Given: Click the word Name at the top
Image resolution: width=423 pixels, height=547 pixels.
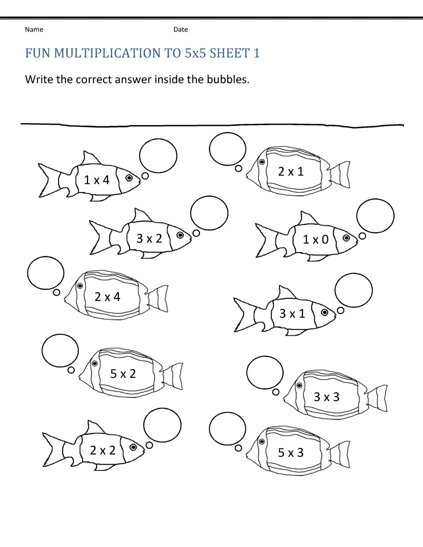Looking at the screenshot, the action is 34,30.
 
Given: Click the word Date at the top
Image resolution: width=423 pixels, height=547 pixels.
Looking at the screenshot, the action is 181,30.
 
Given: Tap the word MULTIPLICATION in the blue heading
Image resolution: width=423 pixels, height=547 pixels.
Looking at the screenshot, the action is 107,53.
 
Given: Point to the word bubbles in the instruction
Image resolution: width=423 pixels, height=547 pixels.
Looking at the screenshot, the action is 228,79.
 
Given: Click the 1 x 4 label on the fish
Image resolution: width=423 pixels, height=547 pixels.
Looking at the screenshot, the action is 97,180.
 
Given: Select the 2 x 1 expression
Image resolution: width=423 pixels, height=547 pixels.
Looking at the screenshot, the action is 291,172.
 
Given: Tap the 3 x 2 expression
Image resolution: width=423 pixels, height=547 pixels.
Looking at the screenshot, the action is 149,238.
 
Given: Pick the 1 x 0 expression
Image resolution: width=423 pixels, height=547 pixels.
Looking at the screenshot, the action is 316,239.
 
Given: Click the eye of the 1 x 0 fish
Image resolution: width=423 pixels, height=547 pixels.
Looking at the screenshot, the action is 346,238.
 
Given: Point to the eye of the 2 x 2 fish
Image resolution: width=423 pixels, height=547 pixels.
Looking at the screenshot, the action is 133,447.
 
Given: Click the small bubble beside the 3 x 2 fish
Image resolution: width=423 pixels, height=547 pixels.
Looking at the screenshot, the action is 196,233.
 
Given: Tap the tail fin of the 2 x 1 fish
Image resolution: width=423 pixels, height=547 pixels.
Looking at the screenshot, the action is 340,175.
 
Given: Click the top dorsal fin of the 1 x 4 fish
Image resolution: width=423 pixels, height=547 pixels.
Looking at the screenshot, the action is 91,158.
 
